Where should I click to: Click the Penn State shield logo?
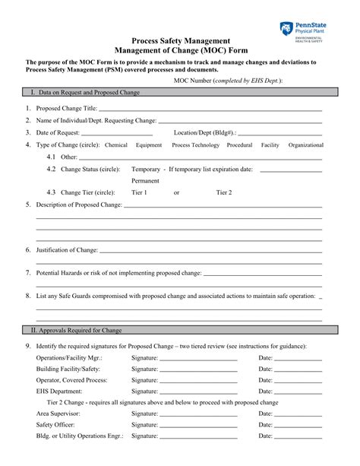286,29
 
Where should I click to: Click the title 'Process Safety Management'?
180,40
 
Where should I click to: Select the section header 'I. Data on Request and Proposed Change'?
85,92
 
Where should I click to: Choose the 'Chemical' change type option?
116,144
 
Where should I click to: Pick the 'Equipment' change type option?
149,144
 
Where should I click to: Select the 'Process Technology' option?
195,144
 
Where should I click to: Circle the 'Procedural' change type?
239,144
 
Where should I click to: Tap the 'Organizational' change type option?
305,144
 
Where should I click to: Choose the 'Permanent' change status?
145,181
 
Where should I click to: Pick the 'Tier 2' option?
224,193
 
